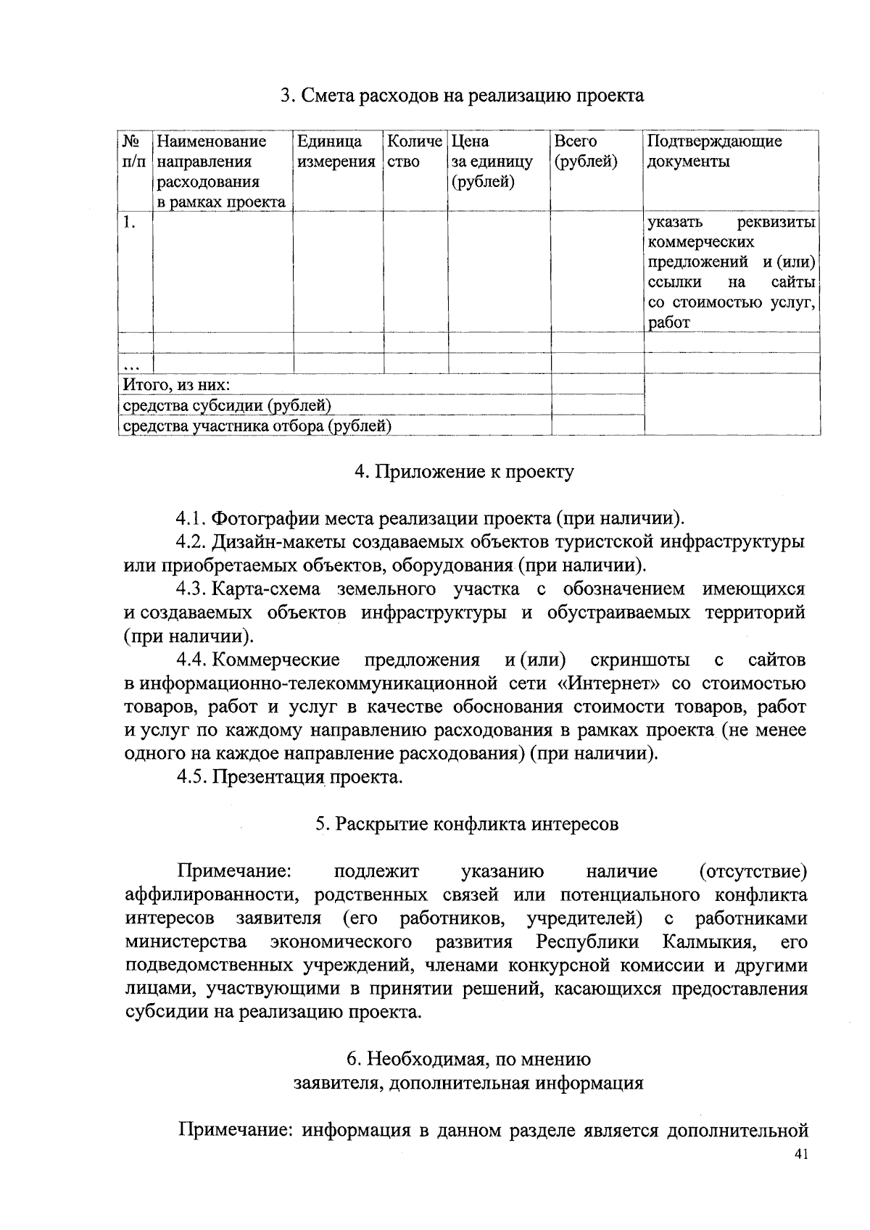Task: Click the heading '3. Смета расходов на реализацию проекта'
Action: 462,96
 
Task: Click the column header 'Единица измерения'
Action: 336,151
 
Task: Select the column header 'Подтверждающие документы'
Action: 713,151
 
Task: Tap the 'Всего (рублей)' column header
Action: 585,151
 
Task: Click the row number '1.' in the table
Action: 129,223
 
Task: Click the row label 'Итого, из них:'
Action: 177,384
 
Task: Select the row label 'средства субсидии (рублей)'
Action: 227,405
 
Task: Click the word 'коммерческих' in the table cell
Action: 700,241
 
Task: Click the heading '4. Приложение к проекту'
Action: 463,472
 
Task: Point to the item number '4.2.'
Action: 192,542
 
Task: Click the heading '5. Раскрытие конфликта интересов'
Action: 467,824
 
